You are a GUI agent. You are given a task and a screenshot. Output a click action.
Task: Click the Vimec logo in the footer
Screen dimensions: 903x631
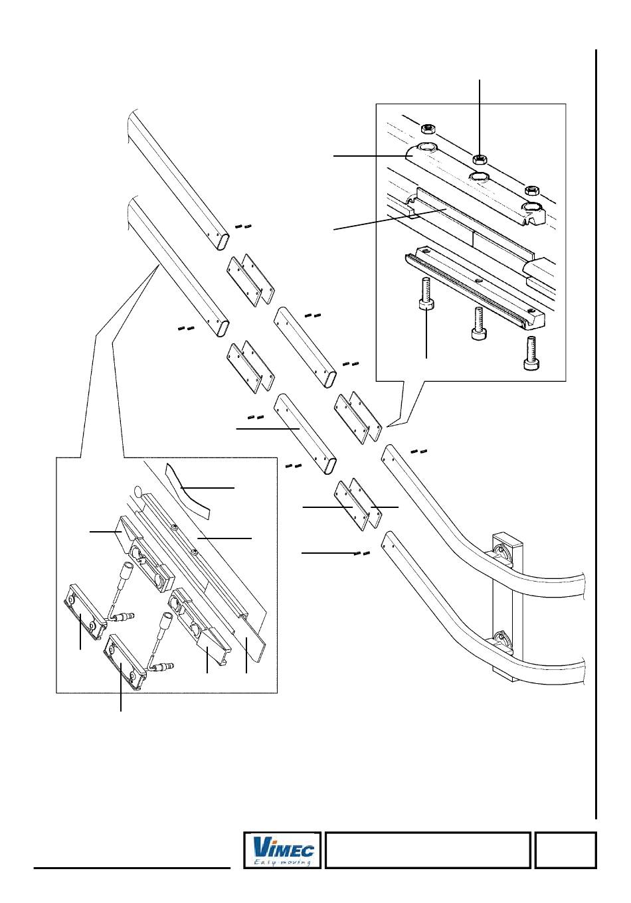282,850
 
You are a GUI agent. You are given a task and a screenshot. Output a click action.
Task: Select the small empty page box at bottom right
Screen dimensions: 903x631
565,850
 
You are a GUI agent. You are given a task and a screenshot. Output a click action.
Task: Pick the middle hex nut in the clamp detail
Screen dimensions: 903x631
479,159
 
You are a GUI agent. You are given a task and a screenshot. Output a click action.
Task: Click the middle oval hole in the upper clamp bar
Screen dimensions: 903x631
479,177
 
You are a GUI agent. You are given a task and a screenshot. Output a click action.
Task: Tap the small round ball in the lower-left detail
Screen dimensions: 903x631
138,492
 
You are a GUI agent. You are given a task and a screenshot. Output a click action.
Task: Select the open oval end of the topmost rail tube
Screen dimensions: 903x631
225,240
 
